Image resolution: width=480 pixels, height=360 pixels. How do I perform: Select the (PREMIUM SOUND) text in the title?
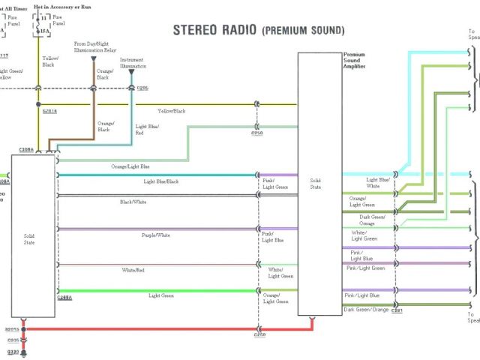(x=303, y=31)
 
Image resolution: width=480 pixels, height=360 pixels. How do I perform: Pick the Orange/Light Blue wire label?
(x=130, y=166)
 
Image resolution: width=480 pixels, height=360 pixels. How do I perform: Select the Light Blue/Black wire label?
(x=161, y=181)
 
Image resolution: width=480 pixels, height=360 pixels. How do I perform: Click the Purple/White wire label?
(x=156, y=235)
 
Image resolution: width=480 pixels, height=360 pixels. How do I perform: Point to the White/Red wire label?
(x=133, y=270)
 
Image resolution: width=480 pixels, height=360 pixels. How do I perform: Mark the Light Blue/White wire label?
(x=378, y=182)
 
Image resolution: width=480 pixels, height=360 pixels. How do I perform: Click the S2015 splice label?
(x=12, y=329)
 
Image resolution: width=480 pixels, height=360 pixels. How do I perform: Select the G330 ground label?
(x=12, y=351)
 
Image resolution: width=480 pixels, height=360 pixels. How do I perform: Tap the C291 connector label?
(x=397, y=310)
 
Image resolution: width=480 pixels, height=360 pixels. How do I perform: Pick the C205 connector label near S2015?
(x=12, y=340)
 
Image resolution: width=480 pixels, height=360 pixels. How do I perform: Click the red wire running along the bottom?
(x=150, y=329)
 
